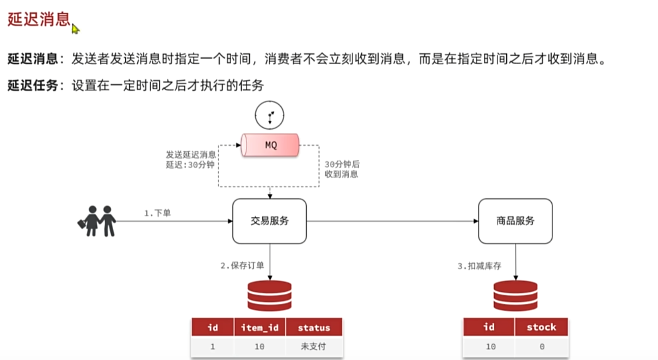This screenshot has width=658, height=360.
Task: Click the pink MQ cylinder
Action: [270, 145]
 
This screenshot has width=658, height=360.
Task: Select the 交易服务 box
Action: [269, 221]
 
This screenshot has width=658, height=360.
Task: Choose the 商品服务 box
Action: [515, 221]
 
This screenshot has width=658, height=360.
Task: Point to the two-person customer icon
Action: [97, 220]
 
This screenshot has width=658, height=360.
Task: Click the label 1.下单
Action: [157, 213]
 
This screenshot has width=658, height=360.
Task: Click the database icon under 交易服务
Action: [269, 295]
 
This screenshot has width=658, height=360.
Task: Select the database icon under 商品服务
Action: [516, 295]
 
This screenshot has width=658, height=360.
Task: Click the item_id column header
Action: [260, 328]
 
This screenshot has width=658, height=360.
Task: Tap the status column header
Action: [314, 328]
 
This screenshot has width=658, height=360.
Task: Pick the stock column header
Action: [541, 327]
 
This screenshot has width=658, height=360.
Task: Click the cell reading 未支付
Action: [314, 347]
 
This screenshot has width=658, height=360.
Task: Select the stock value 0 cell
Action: [541, 346]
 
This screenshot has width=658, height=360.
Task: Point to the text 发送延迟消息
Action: [191, 154]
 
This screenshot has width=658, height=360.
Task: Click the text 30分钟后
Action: [341, 164]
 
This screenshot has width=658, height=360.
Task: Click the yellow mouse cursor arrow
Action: [75, 29]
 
